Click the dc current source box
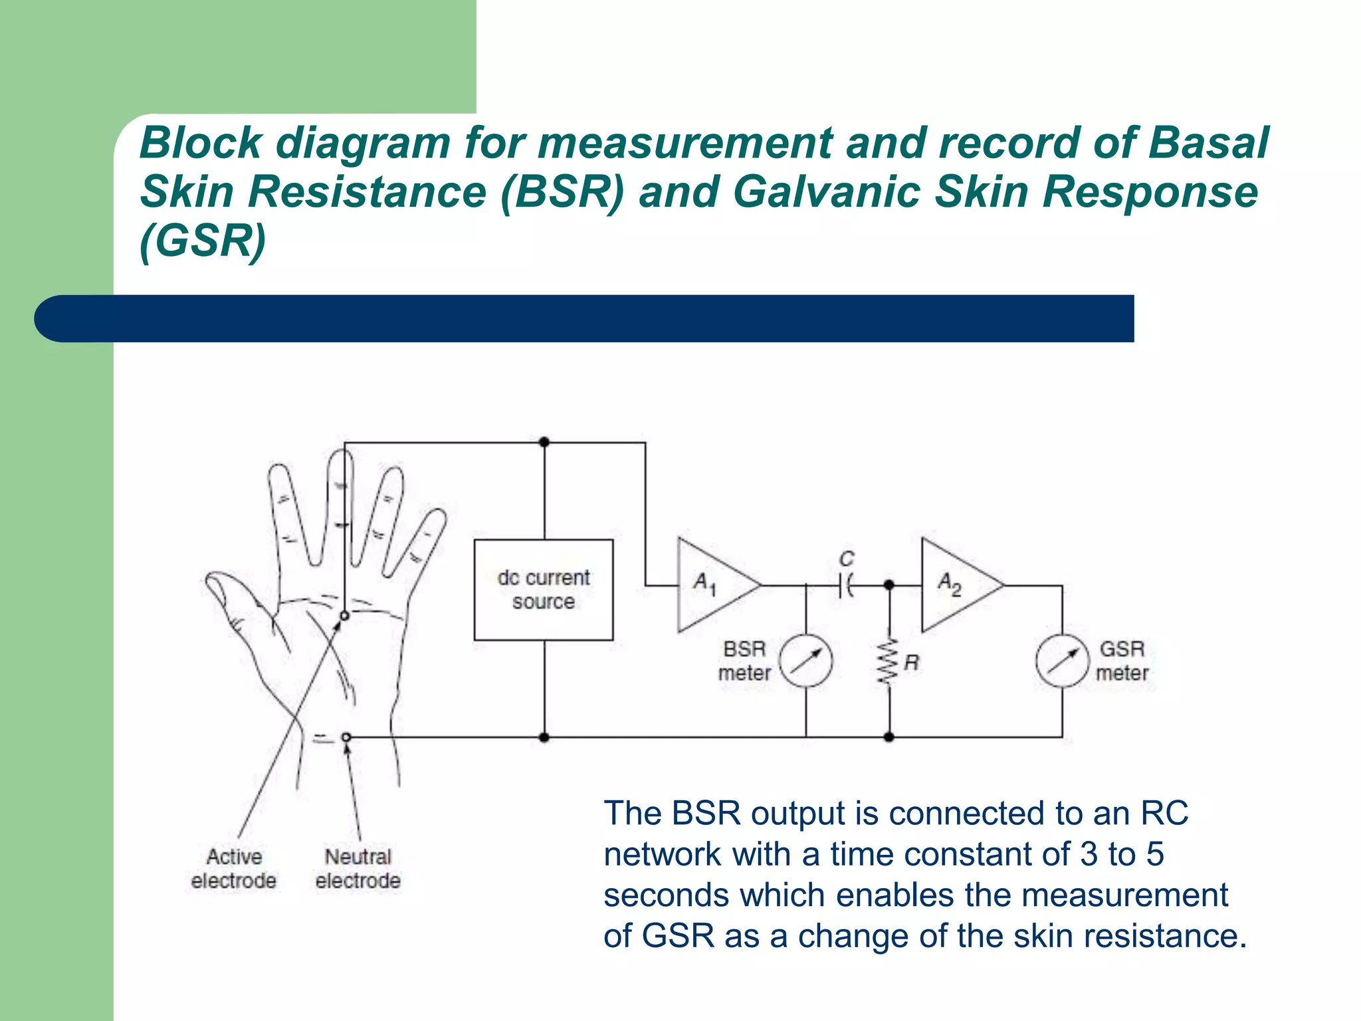543,590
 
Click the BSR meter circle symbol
805,661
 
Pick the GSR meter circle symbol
1062,661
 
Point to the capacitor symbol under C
845,586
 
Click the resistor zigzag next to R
888,662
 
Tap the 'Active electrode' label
233,868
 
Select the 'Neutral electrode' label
358,868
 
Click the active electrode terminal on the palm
344,616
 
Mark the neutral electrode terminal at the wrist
346,737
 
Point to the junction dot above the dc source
544,442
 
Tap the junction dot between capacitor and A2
889,585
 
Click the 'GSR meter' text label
1122,661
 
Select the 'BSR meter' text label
744,661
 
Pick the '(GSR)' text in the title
203,241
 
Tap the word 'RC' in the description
1164,813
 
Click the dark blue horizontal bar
585,318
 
